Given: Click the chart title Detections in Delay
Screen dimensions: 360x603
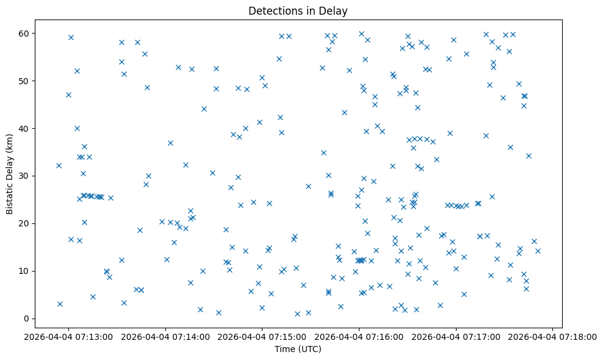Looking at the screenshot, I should point(298,10).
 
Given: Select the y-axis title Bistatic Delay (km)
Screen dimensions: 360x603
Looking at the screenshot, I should point(10,172).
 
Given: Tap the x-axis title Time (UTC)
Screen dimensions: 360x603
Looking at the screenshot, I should point(298,349).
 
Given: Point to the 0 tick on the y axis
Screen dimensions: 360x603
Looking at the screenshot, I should point(26,319).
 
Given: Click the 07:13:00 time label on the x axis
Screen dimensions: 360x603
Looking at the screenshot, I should point(68,336).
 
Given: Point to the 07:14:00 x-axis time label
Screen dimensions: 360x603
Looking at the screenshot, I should point(165,336).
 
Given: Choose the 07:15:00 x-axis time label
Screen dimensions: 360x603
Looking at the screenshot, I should point(262,336).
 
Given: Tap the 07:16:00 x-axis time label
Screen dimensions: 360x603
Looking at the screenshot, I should point(359,336).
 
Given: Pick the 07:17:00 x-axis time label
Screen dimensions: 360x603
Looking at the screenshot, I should point(456,336).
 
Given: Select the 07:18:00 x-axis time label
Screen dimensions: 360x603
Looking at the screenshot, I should point(553,336).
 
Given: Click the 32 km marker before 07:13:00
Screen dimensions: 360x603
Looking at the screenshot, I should point(59,165).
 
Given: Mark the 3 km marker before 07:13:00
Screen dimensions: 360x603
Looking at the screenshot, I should point(60,304).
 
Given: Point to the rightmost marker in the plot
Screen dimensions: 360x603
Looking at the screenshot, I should point(538,251).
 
